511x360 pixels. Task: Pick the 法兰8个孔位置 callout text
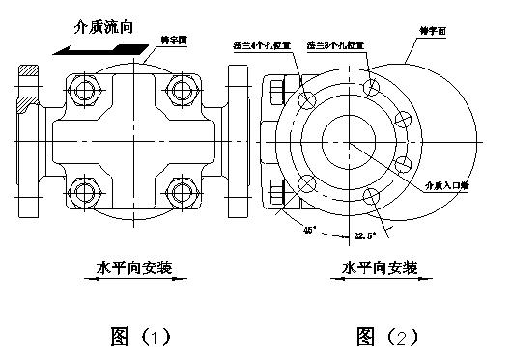pos(336,45)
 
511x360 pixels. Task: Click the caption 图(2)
pos(386,336)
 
